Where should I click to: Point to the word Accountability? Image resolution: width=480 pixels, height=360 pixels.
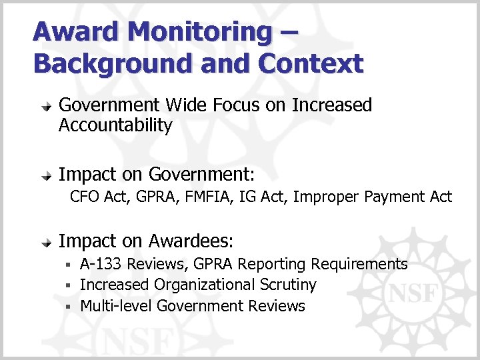(115, 125)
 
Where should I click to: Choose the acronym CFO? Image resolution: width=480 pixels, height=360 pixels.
(85, 197)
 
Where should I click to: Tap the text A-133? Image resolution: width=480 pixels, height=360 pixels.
(101, 264)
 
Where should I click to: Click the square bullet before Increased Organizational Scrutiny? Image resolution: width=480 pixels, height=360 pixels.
(69, 285)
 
